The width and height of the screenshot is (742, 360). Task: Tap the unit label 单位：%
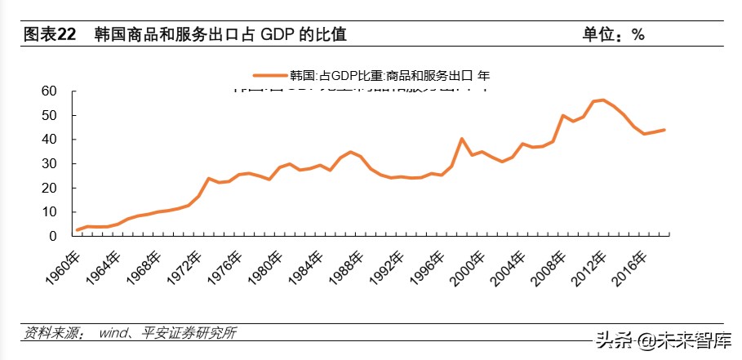(613, 34)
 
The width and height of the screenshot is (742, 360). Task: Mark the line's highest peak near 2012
(602, 100)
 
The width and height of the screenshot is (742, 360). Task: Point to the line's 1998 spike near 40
(462, 139)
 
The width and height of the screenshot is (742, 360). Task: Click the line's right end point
(664, 130)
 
